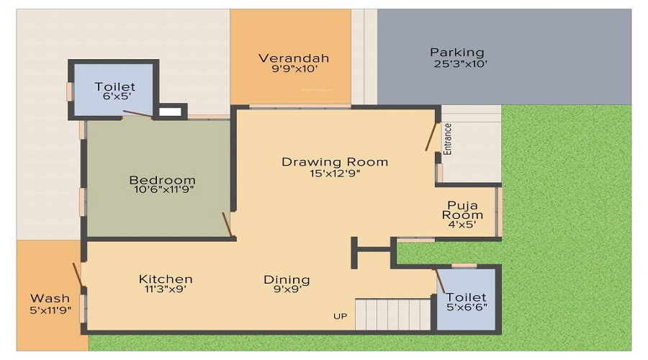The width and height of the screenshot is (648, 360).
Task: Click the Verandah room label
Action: coord(294,58)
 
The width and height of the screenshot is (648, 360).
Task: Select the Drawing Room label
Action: coord(335,162)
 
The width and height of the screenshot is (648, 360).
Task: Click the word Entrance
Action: coord(448,139)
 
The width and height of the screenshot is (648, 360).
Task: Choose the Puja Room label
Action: coord(462,210)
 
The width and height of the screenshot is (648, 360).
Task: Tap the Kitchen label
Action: coord(166,279)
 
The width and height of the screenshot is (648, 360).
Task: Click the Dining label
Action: coord(287,279)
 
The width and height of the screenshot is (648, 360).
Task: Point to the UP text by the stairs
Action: coord(340,316)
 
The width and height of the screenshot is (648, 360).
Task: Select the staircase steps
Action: coord(393,314)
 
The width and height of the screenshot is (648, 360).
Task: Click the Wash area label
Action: coord(50,298)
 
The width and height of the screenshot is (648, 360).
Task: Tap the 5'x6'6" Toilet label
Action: coord(466,297)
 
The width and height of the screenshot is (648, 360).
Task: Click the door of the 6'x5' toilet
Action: coord(137,113)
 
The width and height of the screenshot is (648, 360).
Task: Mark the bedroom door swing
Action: coord(228,224)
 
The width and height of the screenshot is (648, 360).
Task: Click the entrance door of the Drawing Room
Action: coord(433,136)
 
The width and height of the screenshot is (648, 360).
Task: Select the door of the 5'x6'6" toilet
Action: coord(438,279)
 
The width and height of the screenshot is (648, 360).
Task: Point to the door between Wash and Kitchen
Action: coord(77,274)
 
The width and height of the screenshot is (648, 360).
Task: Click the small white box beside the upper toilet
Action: coord(169,112)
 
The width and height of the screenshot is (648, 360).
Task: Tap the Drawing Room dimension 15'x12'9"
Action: coord(335,174)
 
